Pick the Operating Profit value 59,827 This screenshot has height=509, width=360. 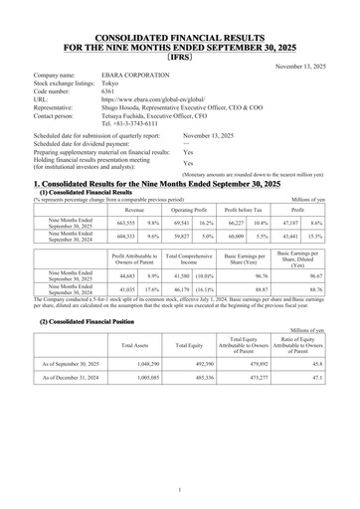(183, 210)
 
